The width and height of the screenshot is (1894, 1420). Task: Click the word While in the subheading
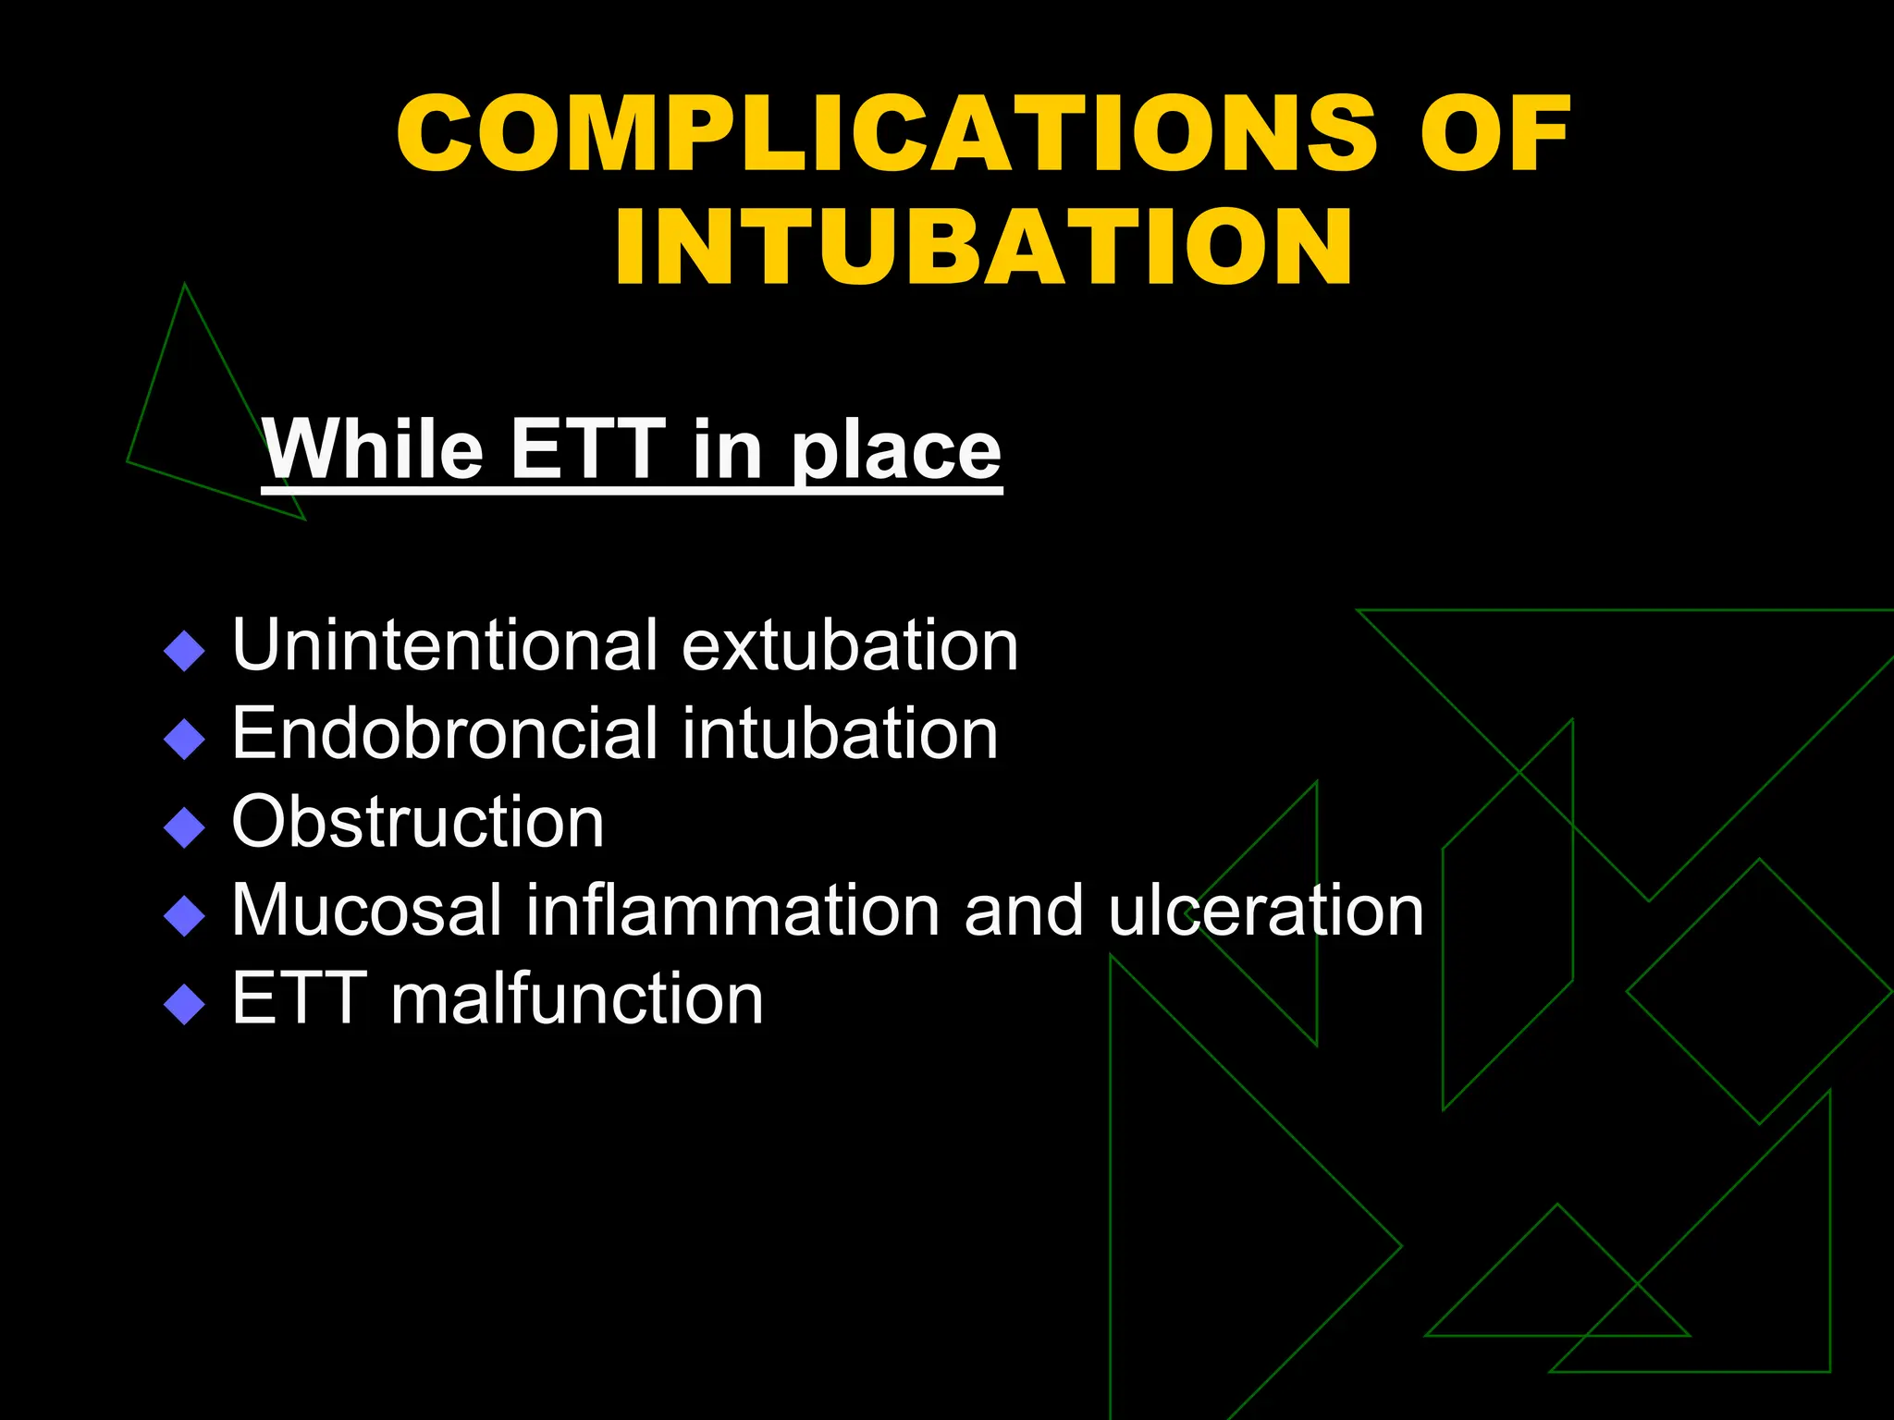click(373, 449)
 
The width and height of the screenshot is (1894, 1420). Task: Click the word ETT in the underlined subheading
click(587, 449)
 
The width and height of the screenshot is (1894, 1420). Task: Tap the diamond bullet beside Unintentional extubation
click(184, 651)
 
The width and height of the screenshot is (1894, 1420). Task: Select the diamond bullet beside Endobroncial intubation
click(184, 740)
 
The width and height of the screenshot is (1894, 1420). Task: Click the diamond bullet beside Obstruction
click(184, 827)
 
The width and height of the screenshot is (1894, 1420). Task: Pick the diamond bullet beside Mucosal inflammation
click(184, 916)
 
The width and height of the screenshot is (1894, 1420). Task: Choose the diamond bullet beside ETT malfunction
click(184, 1004)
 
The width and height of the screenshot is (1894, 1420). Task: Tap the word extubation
click(850, 644)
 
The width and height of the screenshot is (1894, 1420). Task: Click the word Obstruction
click(418, 822)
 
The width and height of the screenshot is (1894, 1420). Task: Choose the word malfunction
click(577, 999)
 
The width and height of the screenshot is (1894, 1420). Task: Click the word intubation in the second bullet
click(840, 733)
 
